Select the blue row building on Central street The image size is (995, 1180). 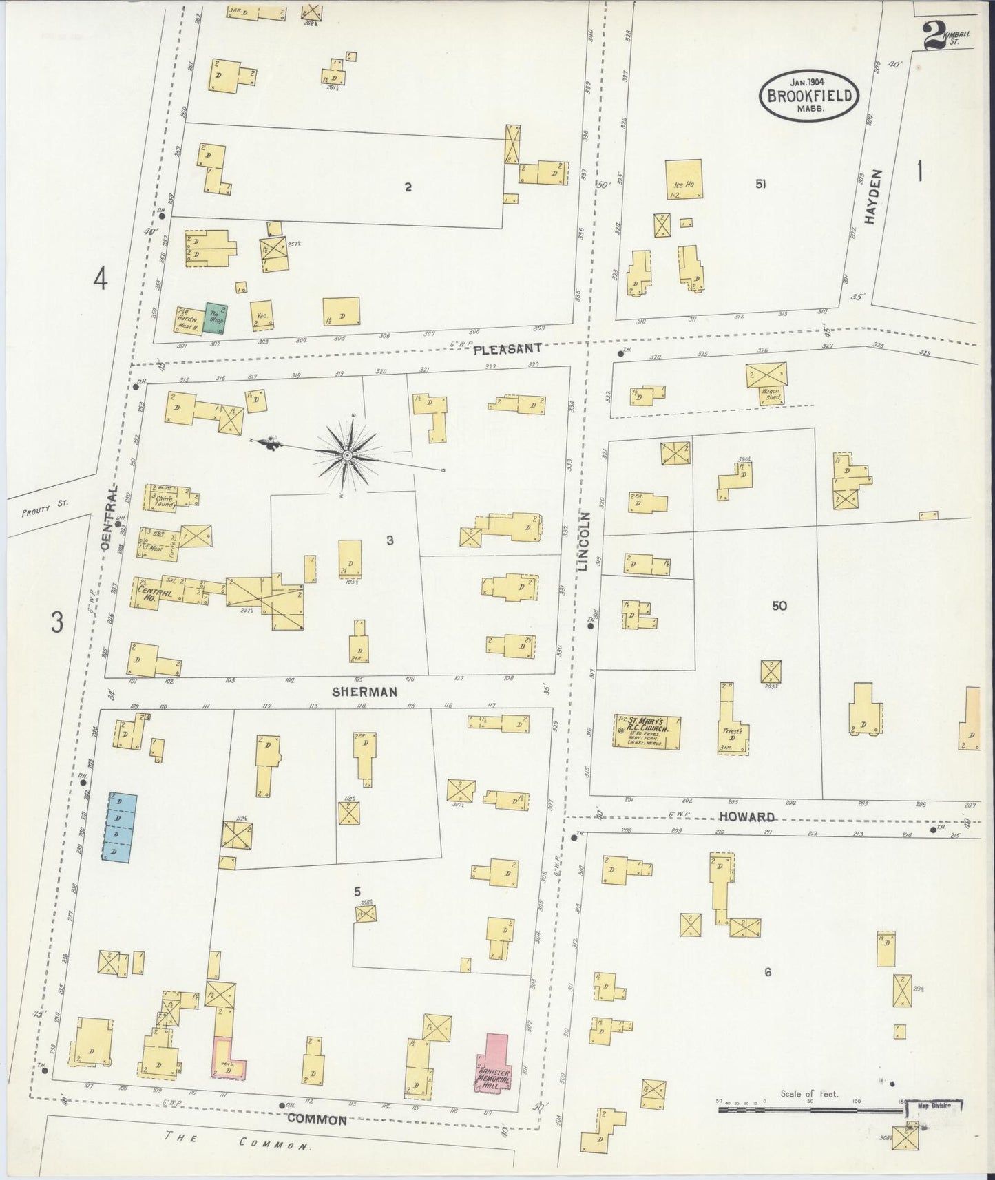pos(119,826)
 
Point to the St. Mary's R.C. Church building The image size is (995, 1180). pos(647,731)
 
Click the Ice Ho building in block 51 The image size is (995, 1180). pos(683,180)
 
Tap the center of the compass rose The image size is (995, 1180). pos(348,455)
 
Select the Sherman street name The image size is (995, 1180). pos(365,692)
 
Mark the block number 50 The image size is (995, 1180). pos(779,606)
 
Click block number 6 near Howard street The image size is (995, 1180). pos(767,972)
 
